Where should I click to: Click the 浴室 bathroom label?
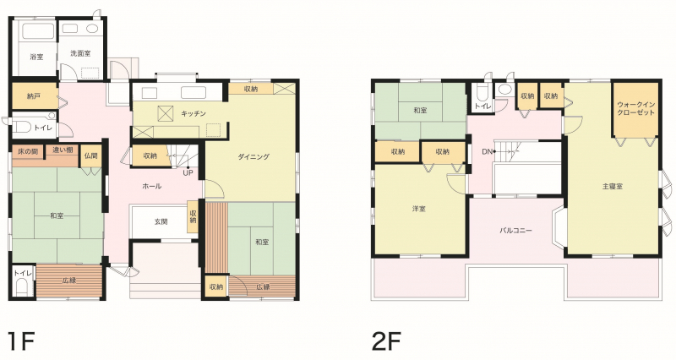tap(36, 57)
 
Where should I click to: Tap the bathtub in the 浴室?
tap(38, 32)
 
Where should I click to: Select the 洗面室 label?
tap(80, 53)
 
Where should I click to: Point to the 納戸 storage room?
tap(35, 95)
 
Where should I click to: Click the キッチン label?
tap(194, 113)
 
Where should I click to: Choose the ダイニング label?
tap(253, 156)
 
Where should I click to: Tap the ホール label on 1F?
tap(152, 186)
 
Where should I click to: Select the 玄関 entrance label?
tap(161, 221)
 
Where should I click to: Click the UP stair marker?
tap(188, 173)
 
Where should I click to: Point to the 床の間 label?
tap(28, 151)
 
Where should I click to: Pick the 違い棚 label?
tap(63, 150)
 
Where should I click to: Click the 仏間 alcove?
tap(91, 156)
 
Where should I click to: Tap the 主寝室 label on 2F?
tap(613, 186)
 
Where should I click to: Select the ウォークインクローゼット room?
tap(636, 109)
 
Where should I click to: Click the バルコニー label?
tap(515, 230)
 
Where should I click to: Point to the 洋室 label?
tap(418, 209)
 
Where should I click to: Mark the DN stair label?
tap(488, 151)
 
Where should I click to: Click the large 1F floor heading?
tap(21, 342)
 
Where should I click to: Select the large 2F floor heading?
tap(386, 342)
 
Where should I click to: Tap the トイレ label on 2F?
tap(482, 106)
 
